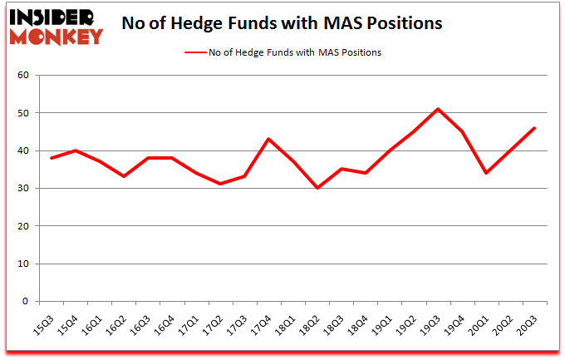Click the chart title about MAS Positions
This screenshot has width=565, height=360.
[x=282, y=22]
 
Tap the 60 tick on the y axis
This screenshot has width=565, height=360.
[x=23, y=76]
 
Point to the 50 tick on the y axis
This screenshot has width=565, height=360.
[x=23, y=113]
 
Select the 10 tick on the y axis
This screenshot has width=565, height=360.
[x=23, y=264]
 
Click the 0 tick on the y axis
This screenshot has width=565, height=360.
[x=26, y=302]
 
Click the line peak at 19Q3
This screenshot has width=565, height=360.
[x=437, y=109]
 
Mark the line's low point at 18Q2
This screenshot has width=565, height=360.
[x=317, y=188]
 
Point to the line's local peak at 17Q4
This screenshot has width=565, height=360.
[x=268, y=139]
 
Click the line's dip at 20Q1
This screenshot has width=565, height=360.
[x=485, y=173]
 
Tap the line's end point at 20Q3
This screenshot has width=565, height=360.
[x=533, y=128]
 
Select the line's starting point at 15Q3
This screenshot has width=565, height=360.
[x=52, y=158]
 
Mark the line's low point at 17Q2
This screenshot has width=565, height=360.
[x=220, y=184]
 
